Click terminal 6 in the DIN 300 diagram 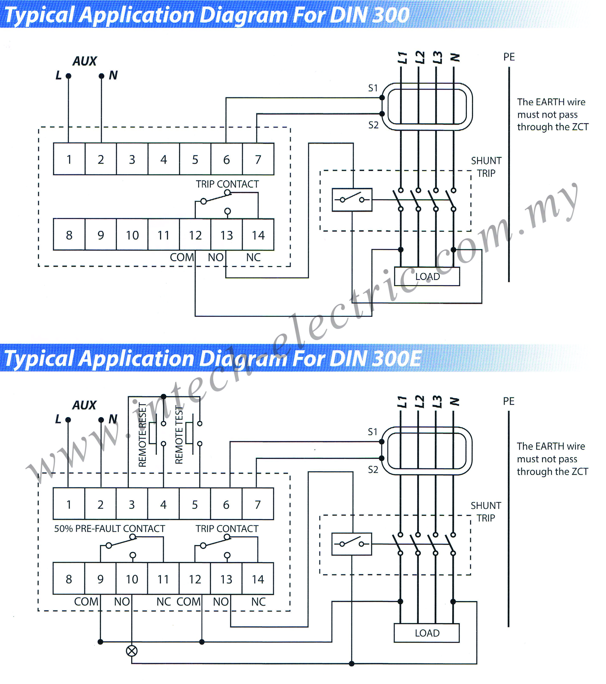click(226, 159)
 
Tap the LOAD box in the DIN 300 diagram click(427, 276)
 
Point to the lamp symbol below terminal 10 click(132, 651)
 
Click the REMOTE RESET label click(142, 435)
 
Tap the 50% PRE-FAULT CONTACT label click(110, 528)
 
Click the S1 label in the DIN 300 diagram click(373, 88)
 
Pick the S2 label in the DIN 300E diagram click(373, 470)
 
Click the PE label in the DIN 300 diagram click(509, 57)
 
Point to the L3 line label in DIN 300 click(437, 58)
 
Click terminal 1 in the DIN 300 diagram click(69, 159)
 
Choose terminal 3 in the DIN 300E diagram click(132, 504)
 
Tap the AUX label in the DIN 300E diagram click(84, 405)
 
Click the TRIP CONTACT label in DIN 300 click(227, 184)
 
